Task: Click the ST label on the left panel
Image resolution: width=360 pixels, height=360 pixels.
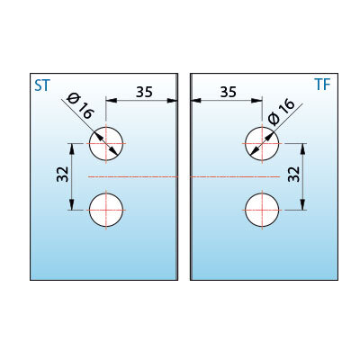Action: (41, 85)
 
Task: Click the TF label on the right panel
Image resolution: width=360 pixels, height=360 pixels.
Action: (322, 85)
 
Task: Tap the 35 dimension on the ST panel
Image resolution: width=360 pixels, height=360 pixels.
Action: (144, 92)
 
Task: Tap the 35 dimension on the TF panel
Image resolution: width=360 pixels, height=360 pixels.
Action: (229, 92)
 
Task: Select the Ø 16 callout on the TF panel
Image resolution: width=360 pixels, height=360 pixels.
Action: (282, 112)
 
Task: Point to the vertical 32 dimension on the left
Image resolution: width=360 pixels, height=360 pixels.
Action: (63, 174)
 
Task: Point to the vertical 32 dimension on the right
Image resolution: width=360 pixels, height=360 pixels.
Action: (294, 174)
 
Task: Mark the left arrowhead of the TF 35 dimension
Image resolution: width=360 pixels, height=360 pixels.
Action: (195, 101)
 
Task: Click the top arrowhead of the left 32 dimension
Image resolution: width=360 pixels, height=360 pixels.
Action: (72, 148)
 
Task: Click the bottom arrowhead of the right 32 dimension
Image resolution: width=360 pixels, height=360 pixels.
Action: (303, 205)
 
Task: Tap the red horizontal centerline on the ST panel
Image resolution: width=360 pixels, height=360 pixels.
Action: (133, 176)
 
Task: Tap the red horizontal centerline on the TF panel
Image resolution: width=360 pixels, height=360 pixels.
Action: (236, 176)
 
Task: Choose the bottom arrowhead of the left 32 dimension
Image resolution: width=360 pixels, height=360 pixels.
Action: (72, 205)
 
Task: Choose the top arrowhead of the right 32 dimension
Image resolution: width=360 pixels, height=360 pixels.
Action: (303, 148)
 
